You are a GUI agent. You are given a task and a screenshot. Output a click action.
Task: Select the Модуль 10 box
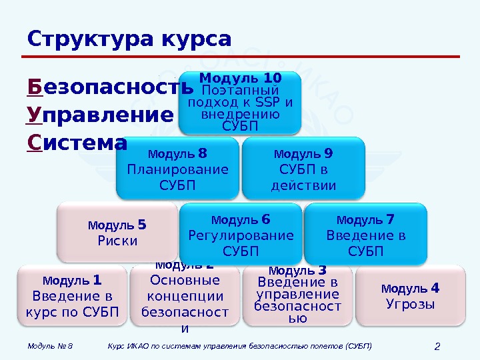[240, 103]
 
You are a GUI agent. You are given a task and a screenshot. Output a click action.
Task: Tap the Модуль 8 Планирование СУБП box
[177, 169]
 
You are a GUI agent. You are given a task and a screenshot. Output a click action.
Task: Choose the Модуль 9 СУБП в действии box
[303, 169]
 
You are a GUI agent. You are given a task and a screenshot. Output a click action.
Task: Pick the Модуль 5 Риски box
[117, 233]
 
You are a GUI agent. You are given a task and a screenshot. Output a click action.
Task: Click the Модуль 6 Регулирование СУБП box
[241, 234]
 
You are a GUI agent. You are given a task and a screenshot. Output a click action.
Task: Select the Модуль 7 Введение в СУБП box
[365, 234]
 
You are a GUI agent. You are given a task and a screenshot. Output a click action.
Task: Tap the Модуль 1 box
[71, 296]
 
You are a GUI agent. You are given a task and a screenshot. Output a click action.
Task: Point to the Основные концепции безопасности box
[185, 297]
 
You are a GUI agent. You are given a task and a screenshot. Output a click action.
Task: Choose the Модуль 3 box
[297, 296]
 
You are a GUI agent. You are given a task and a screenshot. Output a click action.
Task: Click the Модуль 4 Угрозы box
[410, 296]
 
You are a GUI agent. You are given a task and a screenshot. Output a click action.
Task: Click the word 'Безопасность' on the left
[111, 88]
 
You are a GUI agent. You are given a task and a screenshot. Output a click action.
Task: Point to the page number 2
[437, 346]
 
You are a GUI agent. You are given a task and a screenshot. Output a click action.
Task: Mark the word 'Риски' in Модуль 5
[117, 241]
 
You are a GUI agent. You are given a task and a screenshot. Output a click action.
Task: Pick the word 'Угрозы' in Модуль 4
[410, 305]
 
